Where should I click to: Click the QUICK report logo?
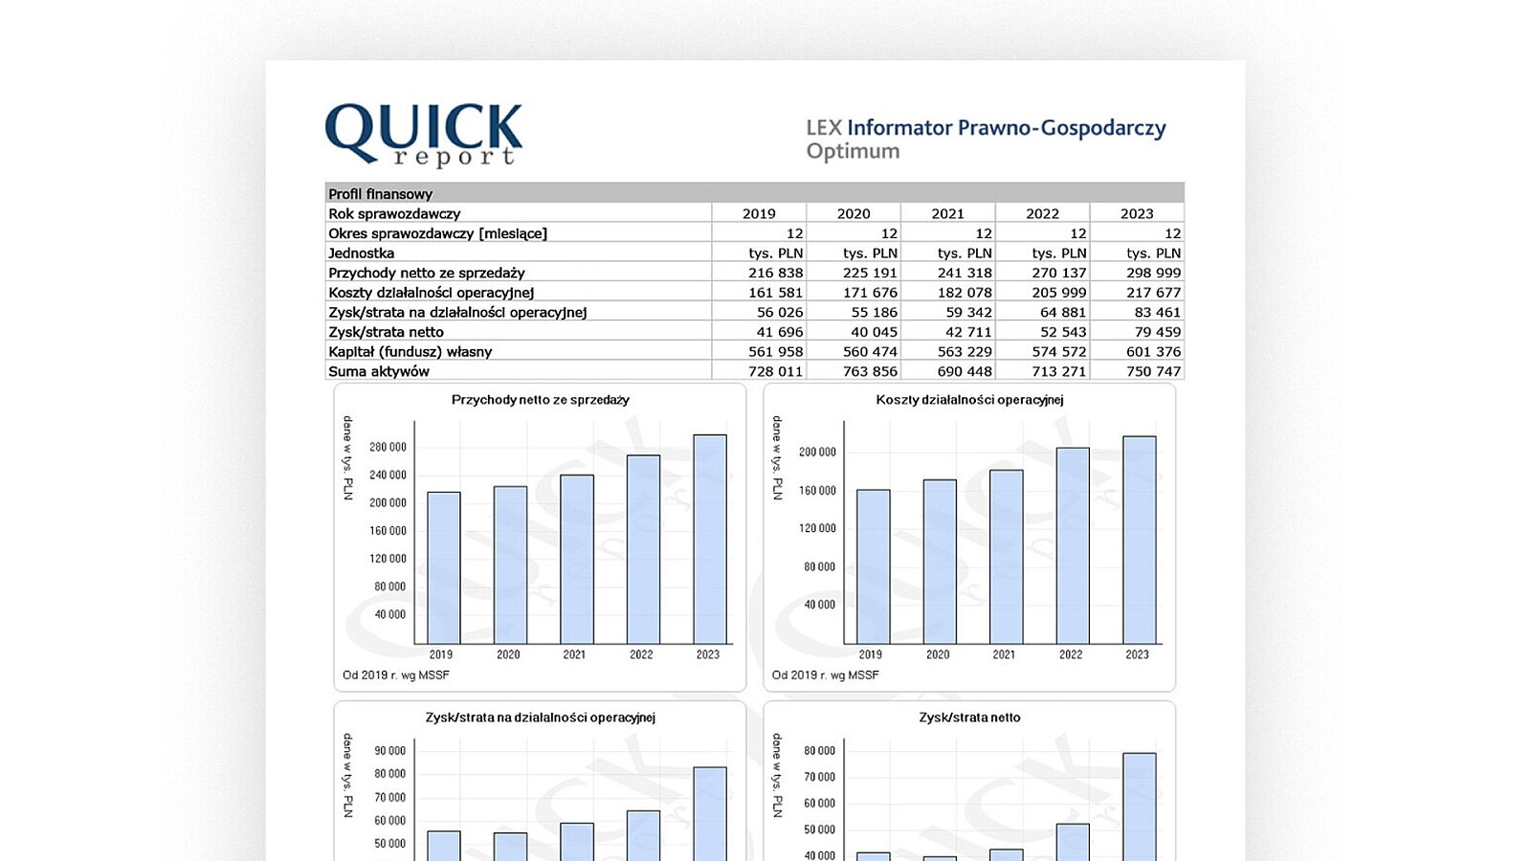point(424,135)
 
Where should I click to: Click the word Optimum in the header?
point(853,151)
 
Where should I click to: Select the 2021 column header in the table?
point(947,213)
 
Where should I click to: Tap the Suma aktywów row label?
point(379,371)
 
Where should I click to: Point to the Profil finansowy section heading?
point(381,193)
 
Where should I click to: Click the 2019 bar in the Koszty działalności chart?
point(873,566)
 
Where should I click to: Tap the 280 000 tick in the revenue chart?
point(388,447)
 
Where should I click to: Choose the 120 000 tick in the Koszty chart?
point(818,528)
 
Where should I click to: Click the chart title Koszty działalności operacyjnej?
point(969,400)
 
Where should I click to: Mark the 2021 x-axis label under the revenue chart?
point(574,654)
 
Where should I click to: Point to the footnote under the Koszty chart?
point(825,675)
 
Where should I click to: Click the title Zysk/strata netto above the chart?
point(969,717)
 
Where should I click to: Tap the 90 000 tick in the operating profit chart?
point(389,751)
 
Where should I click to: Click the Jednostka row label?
point(361,253)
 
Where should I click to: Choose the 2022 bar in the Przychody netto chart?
point(643,549)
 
